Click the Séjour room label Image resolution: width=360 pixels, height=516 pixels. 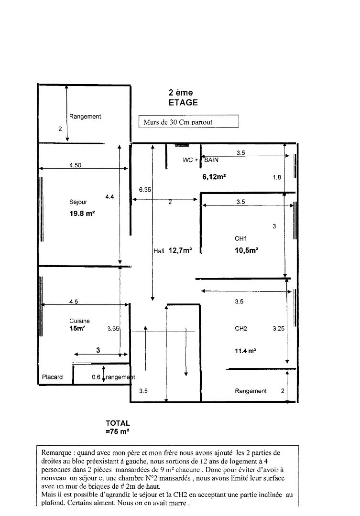click(78, 202)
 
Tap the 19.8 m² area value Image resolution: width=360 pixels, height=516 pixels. click(82, 213)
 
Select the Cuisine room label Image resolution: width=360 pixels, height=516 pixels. click(79, 321)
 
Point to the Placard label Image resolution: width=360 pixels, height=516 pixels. click(52, 377)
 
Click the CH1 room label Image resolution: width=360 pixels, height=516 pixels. click(241, 238)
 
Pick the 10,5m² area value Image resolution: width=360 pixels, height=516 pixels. click(246, 250)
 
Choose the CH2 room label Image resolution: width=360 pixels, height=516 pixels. click(241, 328)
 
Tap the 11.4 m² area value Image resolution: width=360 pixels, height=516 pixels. click(245, 351)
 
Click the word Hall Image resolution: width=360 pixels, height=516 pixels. click(159, 251)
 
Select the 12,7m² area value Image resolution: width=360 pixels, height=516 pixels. click(180, 250)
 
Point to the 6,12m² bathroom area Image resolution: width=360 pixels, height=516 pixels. click(214, 177)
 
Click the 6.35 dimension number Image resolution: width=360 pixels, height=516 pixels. click(145, 190)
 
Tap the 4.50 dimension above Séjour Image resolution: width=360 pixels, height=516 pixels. click(75, 165)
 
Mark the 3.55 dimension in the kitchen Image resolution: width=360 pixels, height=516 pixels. click(113, 328)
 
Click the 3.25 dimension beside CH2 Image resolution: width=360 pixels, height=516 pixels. click(279, 328)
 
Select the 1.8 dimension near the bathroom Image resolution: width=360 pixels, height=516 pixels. click(277, 177)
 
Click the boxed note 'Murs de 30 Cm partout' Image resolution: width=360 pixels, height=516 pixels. click(188, 121)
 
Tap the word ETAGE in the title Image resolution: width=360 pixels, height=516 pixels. click(183, 102)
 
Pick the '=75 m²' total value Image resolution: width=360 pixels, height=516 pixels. click(118, 431)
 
